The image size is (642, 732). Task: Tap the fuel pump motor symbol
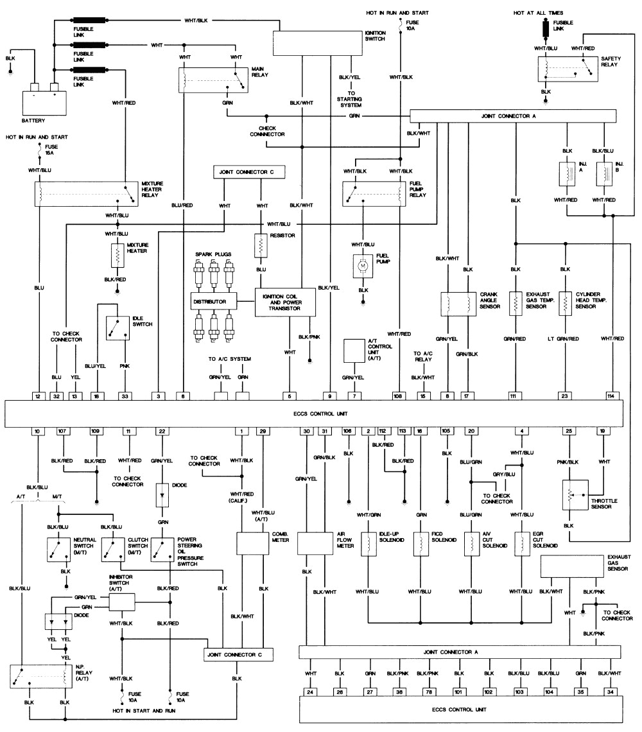pyautogui.click(x=362, y=264)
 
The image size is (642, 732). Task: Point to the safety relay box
pyautogui.click(x=568, y=67)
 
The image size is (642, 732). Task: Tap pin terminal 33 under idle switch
pyautogui.click(x=125, y=396)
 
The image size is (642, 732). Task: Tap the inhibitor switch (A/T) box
pyautogui.click(x=122, y=602)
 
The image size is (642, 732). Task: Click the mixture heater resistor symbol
pyautogui.click(x=117, y=256)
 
